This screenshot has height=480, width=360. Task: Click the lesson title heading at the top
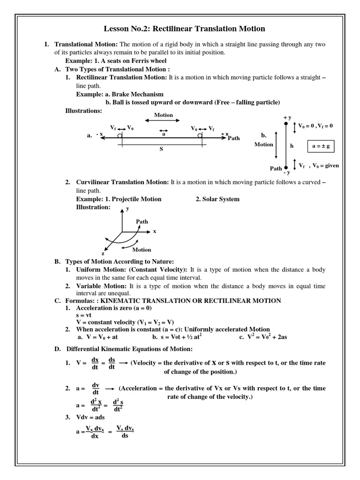point(184,29)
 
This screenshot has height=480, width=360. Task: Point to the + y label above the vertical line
point(287,117)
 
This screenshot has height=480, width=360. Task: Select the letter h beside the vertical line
point(292,146)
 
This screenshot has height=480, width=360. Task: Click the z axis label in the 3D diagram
point(103,253)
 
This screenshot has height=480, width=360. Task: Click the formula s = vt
point(86,316)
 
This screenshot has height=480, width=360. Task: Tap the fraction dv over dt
point(96,389)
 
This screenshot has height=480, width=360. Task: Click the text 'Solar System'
point(217,199)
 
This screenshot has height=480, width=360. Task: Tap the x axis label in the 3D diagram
point(154,232)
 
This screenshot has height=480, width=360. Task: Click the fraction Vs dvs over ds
point(125,432)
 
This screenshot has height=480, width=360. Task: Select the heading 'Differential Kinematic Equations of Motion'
point(129,349)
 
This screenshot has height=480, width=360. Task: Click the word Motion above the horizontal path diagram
point(164,115)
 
